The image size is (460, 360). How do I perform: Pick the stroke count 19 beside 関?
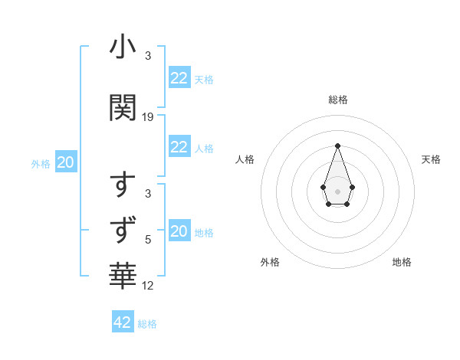[x=148, y=117]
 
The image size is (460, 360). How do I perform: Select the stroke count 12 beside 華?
[x=148, y=286]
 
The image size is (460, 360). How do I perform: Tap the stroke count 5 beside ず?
[x=148, y=239]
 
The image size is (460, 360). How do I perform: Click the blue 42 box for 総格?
[x=123, y=322]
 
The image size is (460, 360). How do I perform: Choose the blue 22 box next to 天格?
[x=179, y=78]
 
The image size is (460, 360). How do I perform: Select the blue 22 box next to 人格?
[x=179, y=147]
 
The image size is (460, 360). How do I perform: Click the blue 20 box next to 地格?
[x=179, y=232]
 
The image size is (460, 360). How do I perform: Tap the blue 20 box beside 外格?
[x=66, y=162]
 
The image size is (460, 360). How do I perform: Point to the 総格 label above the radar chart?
[x=337, y=100]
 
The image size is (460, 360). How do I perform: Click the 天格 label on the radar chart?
[x=431, y=159]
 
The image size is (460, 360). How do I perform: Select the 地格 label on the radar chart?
[x=402, y=262]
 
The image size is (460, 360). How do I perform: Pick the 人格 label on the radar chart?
[x=245, y=159]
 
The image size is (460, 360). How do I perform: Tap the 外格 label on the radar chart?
[x=270, y=262]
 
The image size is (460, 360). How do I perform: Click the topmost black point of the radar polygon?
[x=337, y=146]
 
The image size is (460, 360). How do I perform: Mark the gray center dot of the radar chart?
[x=337, y=190]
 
